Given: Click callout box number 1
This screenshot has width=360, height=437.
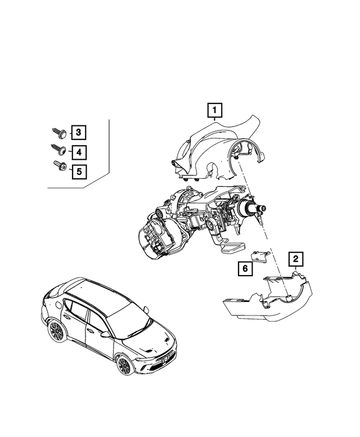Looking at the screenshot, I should (x=215, y=111).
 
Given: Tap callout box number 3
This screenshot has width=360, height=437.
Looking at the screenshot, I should (x=79, y=133).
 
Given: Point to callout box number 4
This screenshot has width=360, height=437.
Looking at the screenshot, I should (x=79, y=151).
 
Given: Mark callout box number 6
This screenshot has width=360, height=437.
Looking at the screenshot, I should (x=244, y=269).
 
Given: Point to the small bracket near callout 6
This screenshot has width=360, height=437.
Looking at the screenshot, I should (x=260, y=256).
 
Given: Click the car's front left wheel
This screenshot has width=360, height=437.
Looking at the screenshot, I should (x=124, y=366).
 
